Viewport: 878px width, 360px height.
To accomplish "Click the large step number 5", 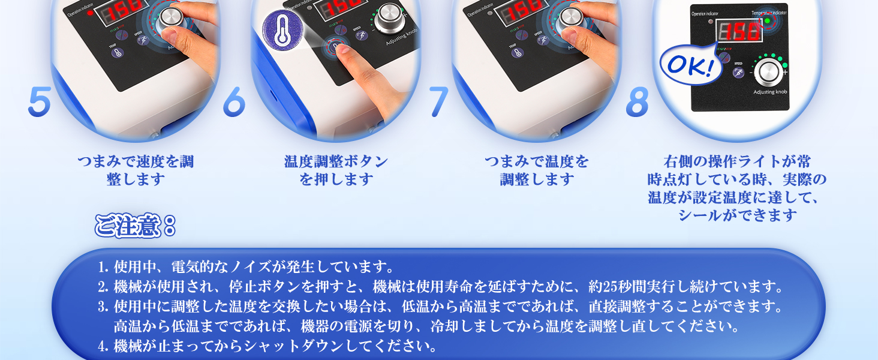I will (x=39, y=102).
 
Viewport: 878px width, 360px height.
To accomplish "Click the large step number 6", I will (x=234, y=102).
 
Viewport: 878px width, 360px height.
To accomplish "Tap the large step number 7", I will (x=438, y=102).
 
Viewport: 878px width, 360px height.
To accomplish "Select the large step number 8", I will (x=637, y=102).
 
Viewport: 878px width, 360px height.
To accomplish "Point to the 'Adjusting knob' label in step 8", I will (x=770, y=92).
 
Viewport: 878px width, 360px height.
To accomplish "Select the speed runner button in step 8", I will (x=739, y=73).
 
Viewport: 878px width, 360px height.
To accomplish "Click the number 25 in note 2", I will (x=612, y=286).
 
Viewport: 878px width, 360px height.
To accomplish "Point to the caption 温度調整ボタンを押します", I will (x=336, y=170).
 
